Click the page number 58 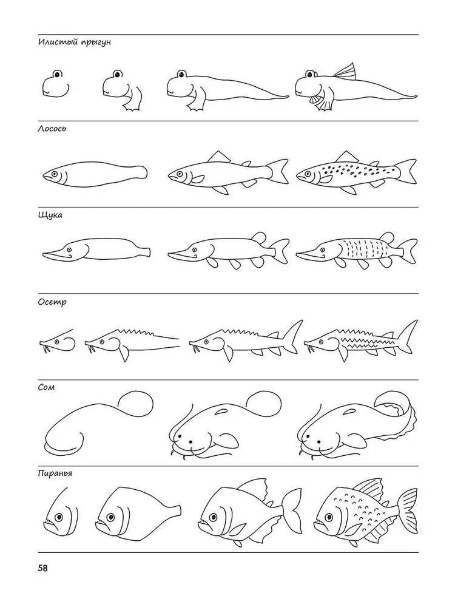click(42, 569)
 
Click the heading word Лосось click(52, 129)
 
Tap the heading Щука click(50, 215)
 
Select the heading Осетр click(52, 302)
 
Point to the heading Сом click(46, 387)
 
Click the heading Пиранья click(55, 473)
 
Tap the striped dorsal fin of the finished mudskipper click(345, 72)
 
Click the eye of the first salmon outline click(55, 174)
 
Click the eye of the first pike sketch click(69, 249)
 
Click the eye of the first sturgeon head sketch click(57, 342)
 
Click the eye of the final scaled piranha click(329, 517)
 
